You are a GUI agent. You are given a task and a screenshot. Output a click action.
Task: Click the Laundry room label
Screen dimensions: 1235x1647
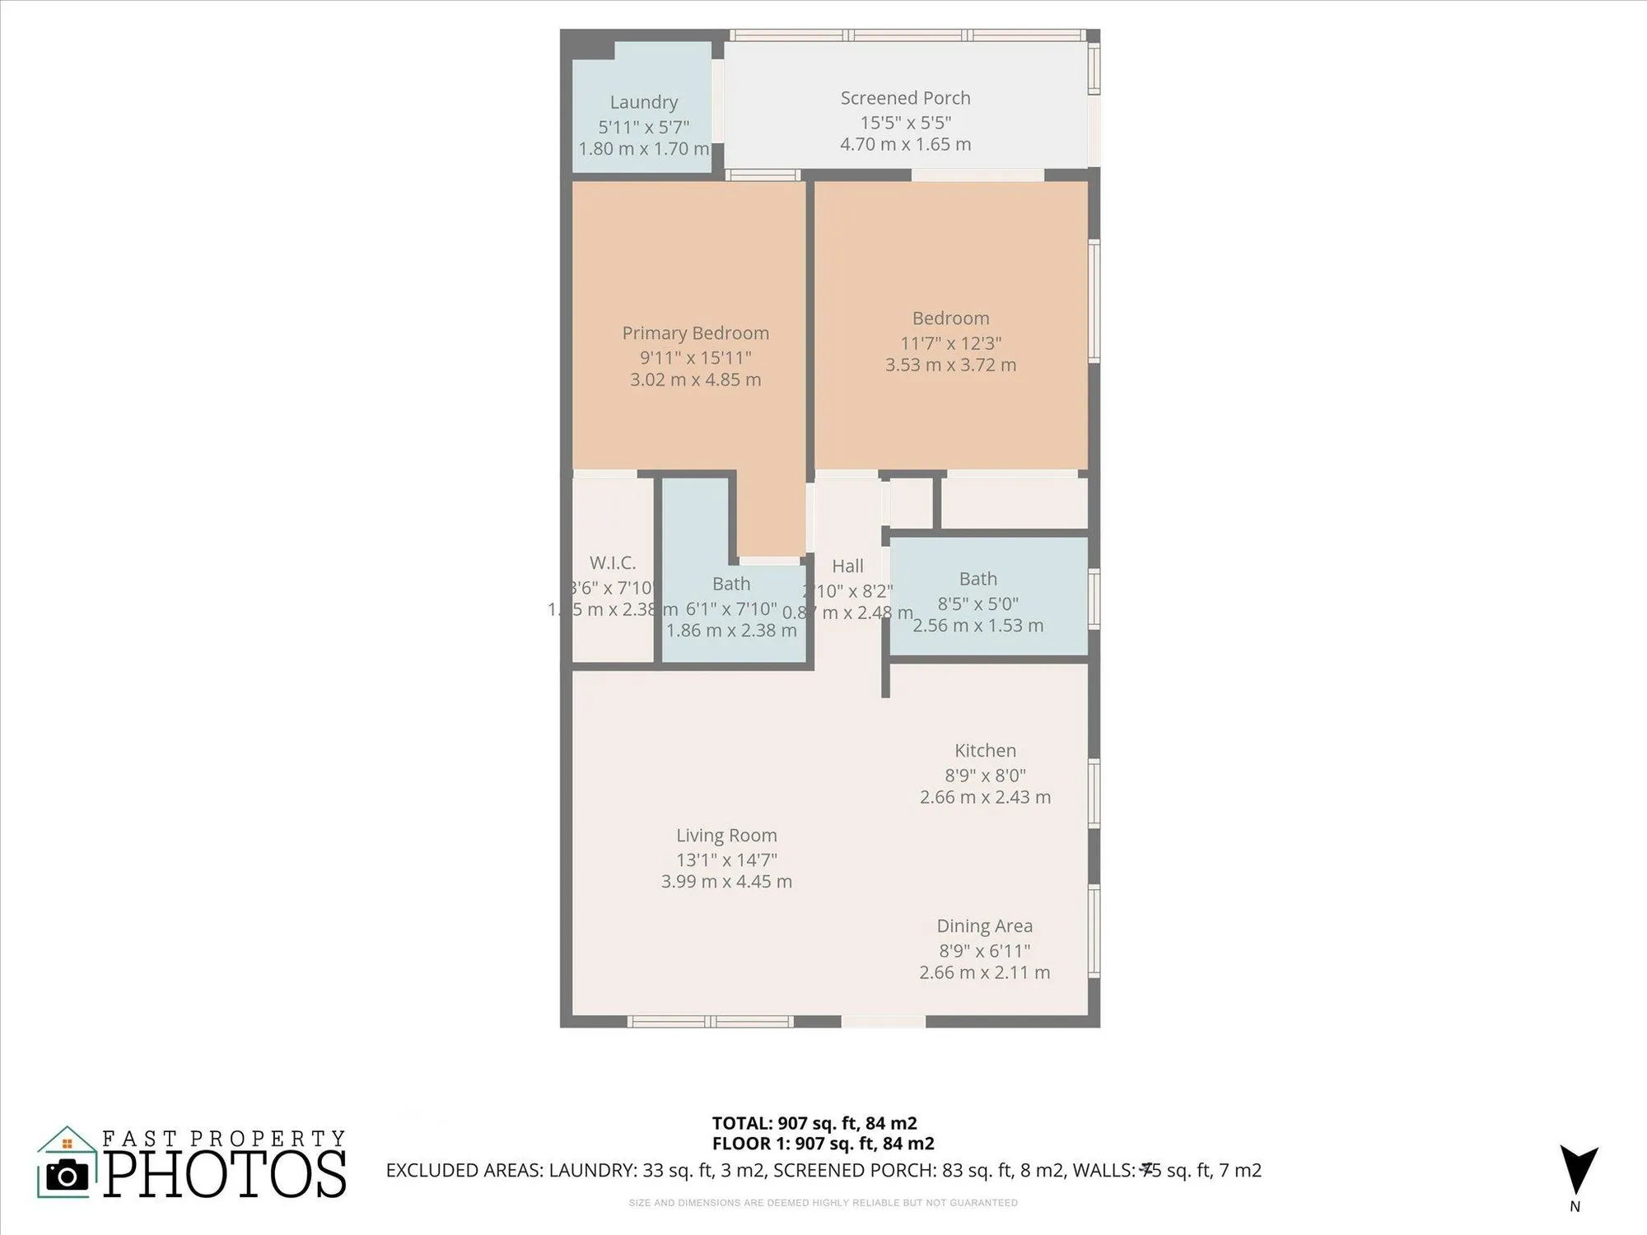click(x=643, y=102)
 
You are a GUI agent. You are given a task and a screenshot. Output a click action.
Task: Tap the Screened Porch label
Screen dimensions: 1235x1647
click(x=905, y=98)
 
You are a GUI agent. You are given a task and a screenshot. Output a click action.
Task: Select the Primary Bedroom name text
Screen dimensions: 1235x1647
click(x=695, y=333)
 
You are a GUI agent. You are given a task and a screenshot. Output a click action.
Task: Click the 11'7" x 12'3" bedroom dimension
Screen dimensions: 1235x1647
click(x=950, y=343)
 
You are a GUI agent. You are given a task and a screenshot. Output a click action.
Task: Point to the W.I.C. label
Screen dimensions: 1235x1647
click(x=613, y=563)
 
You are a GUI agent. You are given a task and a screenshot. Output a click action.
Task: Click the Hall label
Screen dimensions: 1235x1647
click(x=847, y=566)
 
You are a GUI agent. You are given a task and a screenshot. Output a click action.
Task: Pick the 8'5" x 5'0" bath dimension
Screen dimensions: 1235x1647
click(x=977, y=604)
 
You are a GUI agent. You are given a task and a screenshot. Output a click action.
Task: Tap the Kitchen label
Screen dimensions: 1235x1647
click(x=985, y=750)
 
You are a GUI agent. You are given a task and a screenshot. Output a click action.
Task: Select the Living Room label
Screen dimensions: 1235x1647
click(x=726, y=835)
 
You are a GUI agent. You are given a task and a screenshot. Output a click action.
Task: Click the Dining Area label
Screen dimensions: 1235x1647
click(x=984, y=925)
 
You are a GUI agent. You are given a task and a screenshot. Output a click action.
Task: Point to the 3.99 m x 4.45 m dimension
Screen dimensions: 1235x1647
click(x=726, y=882)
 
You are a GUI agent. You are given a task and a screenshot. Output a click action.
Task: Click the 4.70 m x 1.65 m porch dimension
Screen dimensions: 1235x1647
click(x=905, y=145)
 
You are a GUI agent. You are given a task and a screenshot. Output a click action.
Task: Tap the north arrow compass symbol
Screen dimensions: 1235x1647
click(x=1578, y=1169)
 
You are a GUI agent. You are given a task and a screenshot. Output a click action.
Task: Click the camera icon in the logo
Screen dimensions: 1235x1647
click(x=67, y=1175)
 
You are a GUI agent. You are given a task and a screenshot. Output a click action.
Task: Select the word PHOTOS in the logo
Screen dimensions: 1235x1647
click(x=224, y=1175)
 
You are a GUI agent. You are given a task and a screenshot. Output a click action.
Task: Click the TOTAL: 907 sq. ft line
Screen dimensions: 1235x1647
click(x=814, y=1123)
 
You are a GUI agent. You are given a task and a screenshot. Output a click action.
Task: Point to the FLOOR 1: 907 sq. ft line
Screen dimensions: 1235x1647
click(x=822, y=1144)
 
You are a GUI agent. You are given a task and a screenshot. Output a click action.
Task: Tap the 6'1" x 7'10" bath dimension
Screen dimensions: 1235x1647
click(x=731, y=608)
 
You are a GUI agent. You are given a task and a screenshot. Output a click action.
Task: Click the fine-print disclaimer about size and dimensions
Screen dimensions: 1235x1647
click(x=823, y=1203)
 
